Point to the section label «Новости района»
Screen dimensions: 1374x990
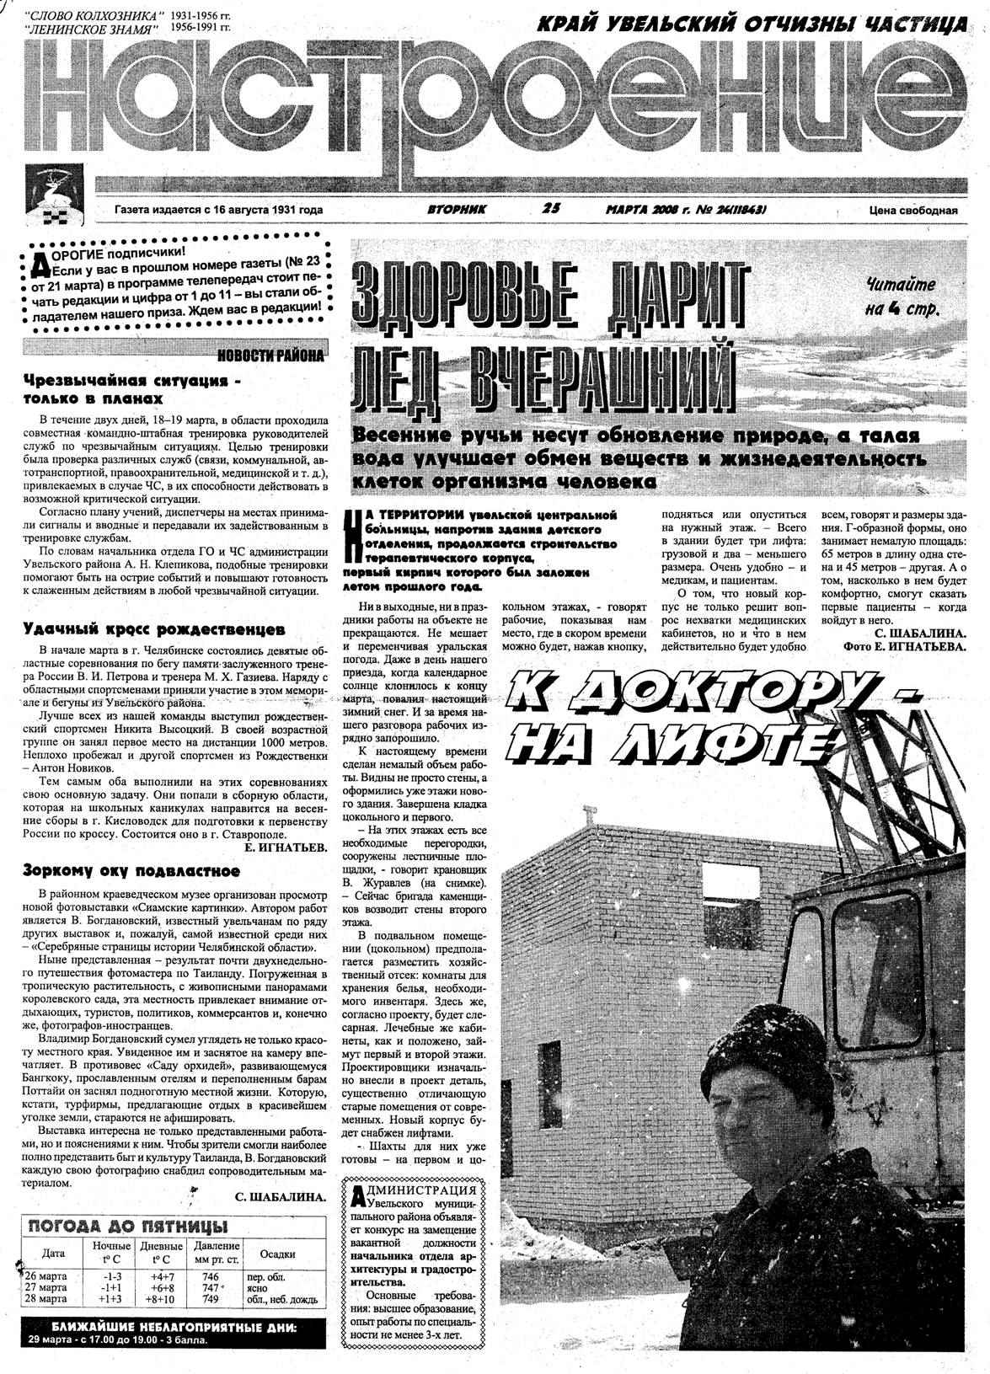click(x=270, y=356)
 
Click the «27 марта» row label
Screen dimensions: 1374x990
click(x=48, y=1288)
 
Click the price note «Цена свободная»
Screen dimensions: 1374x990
click(x=913, y=211)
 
